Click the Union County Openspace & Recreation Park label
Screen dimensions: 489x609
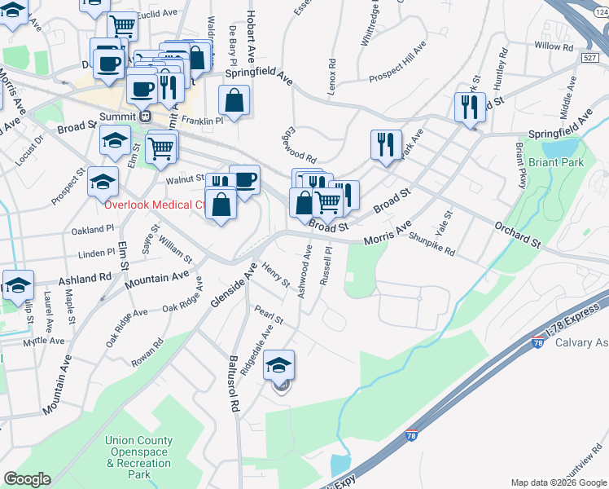pos(139,457)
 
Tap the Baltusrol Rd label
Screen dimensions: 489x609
pos(233,381)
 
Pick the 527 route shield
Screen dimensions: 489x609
pos(591,57)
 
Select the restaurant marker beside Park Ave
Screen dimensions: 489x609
pos(385,143)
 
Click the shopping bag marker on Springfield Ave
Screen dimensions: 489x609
pos(234,101)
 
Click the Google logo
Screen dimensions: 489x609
pos(27,478)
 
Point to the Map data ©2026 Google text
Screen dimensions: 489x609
pos(557,482)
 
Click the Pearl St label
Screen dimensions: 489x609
pos(268,314)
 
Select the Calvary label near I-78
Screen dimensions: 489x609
pos(581,342)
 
